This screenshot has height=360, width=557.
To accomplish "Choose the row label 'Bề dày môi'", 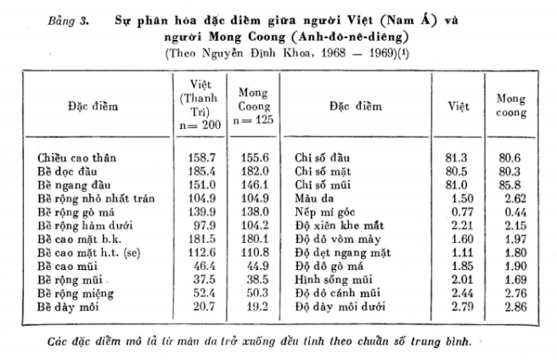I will point(67,303).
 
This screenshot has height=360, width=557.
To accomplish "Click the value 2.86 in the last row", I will point(510,303).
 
